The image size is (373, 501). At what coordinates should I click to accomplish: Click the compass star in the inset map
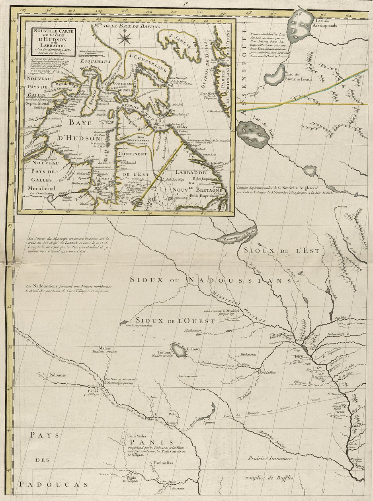[125, 39]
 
